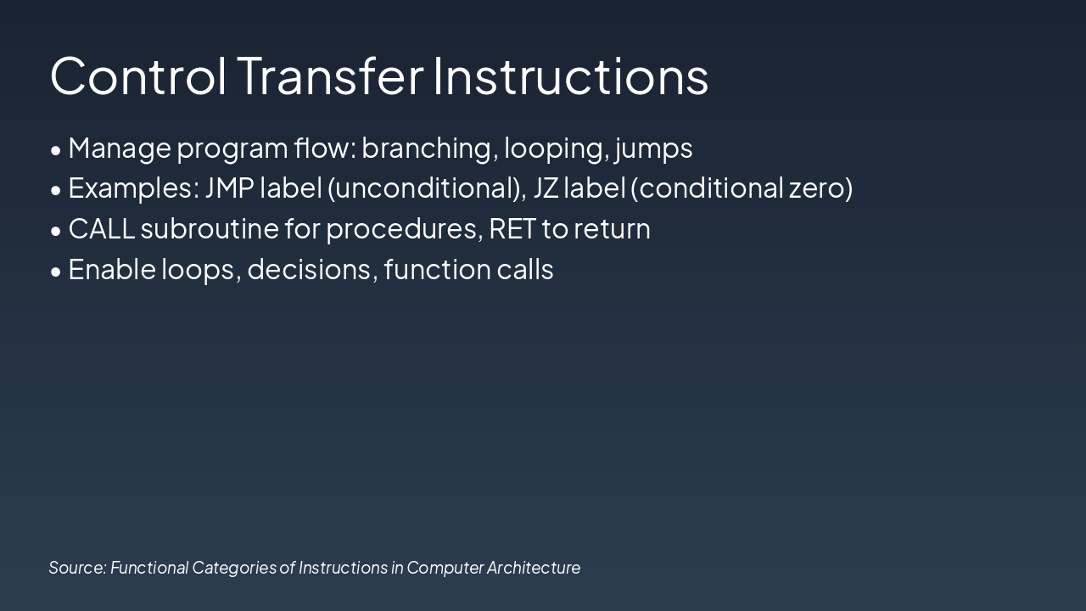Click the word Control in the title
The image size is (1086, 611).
coord(138,76)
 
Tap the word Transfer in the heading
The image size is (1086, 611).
coord(331,76)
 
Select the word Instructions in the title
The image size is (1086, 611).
coord(571,76)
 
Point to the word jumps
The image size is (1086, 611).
coord(653,149)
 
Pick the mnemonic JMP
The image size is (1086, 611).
coord(230,188)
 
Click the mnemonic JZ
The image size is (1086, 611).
coord(546,188)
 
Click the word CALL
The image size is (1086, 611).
coord(101,228)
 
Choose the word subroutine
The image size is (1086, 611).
coord(210,228)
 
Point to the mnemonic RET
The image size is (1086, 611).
coord(512,228)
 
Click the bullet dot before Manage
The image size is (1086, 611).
coord(56,151)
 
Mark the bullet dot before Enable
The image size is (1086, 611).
coord(56,272)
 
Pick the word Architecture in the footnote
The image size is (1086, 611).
coord(534,568)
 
